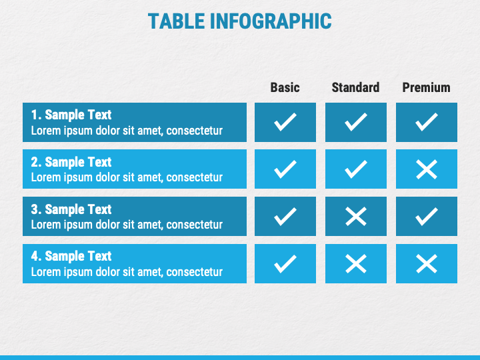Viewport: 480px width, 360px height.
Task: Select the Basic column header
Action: click(285, 87)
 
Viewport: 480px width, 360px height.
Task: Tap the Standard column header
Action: click(355, 87)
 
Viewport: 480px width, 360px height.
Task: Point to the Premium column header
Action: click(426, 87)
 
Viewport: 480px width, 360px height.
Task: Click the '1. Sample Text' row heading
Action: click(71, 115)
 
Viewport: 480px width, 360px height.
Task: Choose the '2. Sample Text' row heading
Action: click(71, 162)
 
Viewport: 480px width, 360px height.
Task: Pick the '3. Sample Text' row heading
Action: click(71, 209)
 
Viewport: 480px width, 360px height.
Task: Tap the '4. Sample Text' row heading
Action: click(71, 256)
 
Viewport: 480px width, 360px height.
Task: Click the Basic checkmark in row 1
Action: click(285, 122)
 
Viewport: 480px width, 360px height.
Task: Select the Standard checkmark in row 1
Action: click(356, 122)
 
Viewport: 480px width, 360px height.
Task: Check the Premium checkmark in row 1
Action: click(427, 122)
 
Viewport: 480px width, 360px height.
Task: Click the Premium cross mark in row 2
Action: click(427, 169)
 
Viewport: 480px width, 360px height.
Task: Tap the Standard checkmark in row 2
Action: click(356, 169)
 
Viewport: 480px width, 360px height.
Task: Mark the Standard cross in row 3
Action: click(356, 216)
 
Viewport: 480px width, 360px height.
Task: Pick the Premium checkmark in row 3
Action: click(427, 216)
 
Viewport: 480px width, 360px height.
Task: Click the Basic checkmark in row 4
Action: click(285, 263)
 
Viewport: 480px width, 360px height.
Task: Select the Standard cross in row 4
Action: click(356, 263)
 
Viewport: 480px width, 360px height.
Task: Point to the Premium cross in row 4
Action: click(427, 263)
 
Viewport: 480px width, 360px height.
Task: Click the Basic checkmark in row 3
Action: click(285, 216)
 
